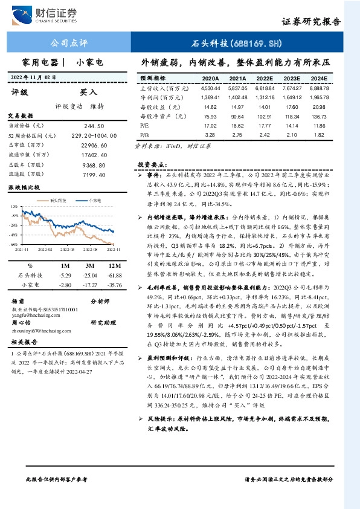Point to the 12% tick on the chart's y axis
[x=14, y=206]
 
